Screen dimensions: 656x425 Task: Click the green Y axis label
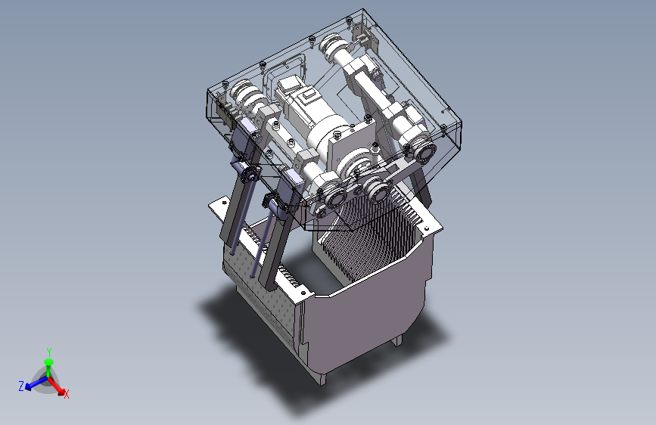[x=49, y=352]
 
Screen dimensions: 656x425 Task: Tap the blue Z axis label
[x=21, y=386]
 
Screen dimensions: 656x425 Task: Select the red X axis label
[x=67, y=394]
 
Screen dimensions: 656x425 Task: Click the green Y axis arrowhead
[x=48, y=361]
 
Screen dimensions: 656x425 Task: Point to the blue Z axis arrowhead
[x=29, y=387]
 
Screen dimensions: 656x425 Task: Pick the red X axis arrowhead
[x=61, y=392]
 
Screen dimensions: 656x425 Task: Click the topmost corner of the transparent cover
[x=362, y=9]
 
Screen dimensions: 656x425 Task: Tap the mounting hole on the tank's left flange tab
[x=225, y=203]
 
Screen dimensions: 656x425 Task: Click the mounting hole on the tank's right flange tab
[x=427, y=228]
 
